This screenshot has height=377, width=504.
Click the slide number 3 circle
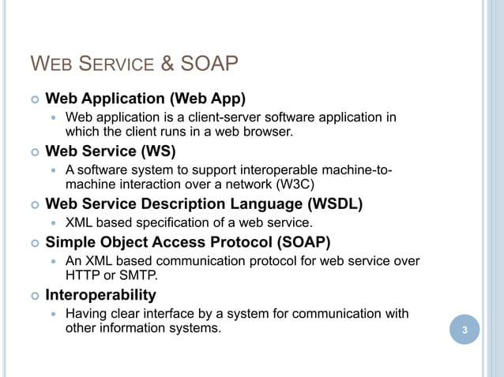pyautogui.click(x=465, y=329)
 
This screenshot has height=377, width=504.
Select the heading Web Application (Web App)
pyautogui.click(x=145, y=99)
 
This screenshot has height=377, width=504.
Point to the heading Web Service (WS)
pyautogui.click(x=111, y=150)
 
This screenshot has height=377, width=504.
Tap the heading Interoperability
pyautogui.click(x=100, y=295)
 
